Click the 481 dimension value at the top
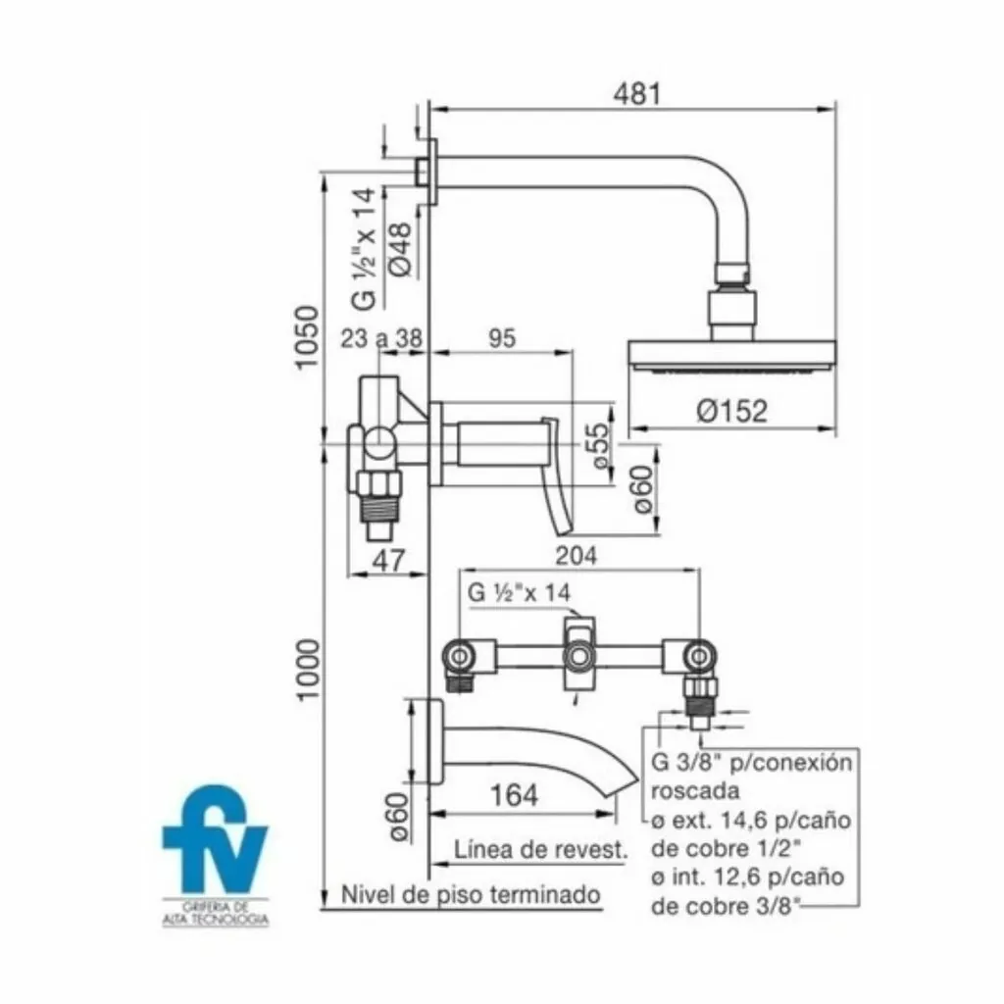(x=636, y=93)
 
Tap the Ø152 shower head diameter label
(x=731, y=411)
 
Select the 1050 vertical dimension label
(x=308, y=337)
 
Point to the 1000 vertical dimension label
(x=308, y=670)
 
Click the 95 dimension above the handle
(x=502, y=338)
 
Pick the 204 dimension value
(x=576, y=556)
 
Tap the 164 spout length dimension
(x=514, y=795)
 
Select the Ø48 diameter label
(x=400, y=250)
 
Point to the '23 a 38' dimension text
(x=381, y=338)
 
